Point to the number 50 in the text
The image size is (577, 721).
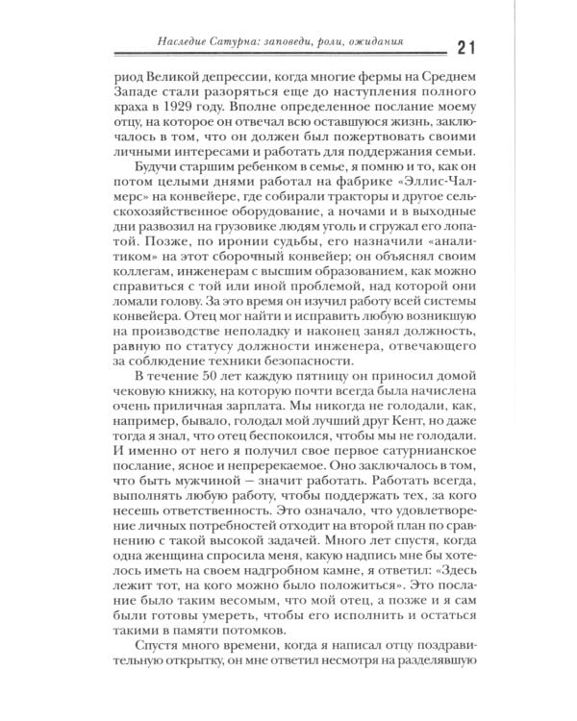tap(216, 378)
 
